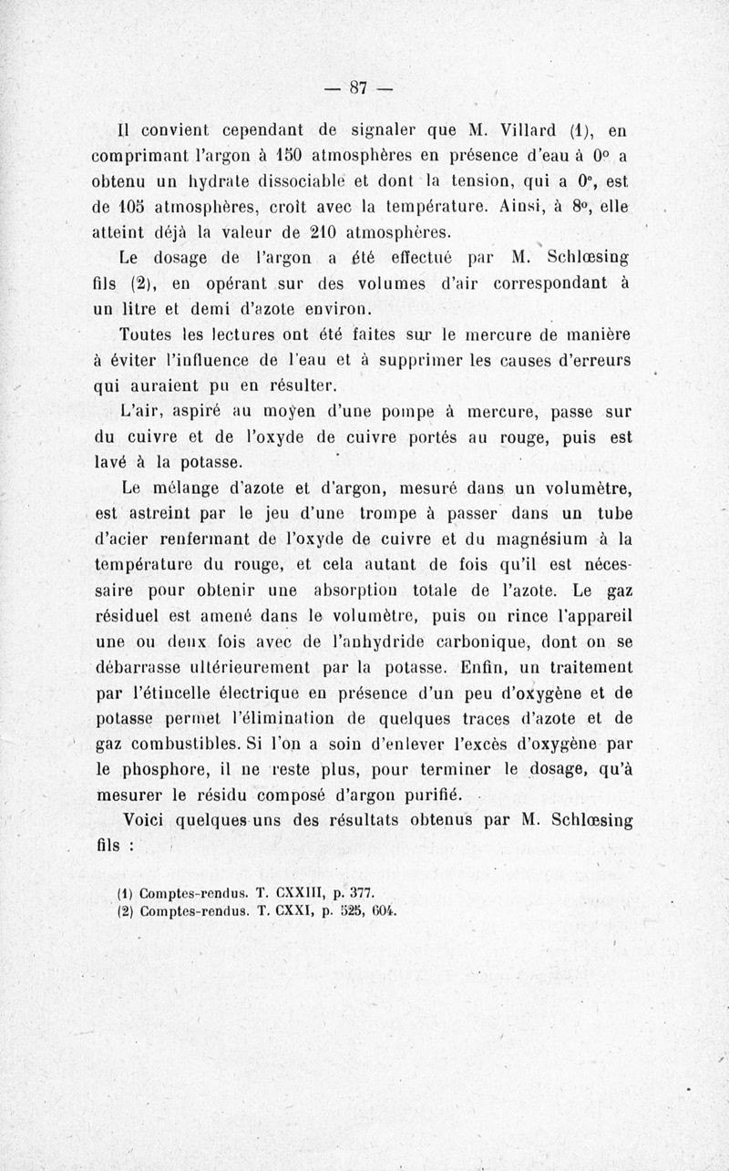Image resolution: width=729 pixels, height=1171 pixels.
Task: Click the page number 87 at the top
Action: click(x=357, y=87)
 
